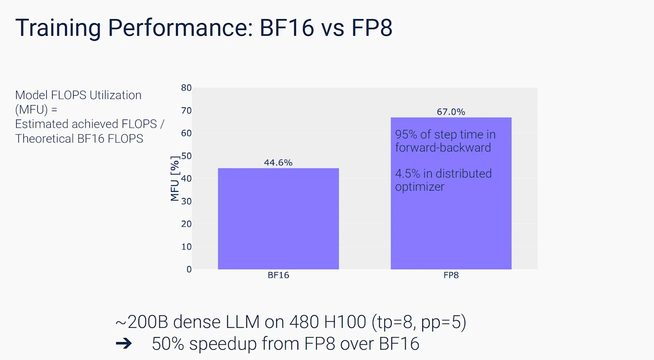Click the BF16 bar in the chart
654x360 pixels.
pyautogui.click(x=278, y=218)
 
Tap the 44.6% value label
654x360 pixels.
pyautogui.click(x=278, y=162)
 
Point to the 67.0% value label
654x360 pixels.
pyautogui.click(x=451, y=111)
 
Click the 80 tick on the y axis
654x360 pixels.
pyautogui.click(x=186, y=88)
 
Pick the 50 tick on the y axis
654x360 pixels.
pyautogui.click(x=186, y=156)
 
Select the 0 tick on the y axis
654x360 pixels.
pyautogui.click(x=189, y=269)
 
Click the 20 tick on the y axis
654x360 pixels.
pyautogui.click(x=186, y=224)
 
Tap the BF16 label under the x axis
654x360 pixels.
pyautogui.click(x=278, y=275)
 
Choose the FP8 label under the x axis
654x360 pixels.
pyautogui.click(x=451, y=275)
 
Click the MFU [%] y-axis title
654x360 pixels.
pyautogui.click(x=175, y=178)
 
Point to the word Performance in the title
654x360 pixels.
pyautogui.click(x=181, y=28)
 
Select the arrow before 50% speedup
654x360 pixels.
pyautogui.click(x=124, y=343)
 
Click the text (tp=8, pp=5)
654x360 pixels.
pyautogui.click(x=419, y=323)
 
